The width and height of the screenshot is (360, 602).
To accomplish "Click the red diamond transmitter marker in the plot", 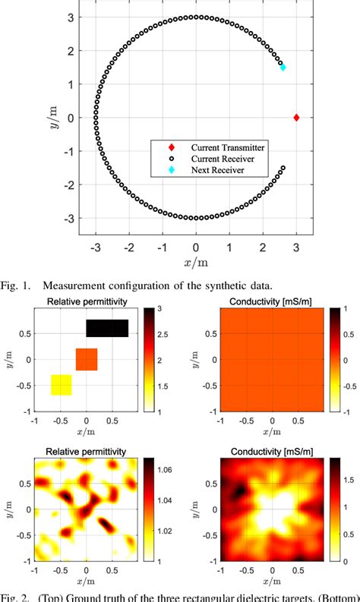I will click(x=296, y=118).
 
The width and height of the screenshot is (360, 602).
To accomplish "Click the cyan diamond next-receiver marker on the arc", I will click(x=283, y=68).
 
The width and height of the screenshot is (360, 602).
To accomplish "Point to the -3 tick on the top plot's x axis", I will click(x=96, y=247).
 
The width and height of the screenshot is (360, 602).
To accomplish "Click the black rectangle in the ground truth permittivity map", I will click(x=106, y=328).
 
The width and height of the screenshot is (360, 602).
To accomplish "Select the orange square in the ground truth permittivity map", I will click(x=87, y=359).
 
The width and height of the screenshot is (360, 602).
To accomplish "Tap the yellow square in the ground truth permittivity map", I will click(x=61, y=385).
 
